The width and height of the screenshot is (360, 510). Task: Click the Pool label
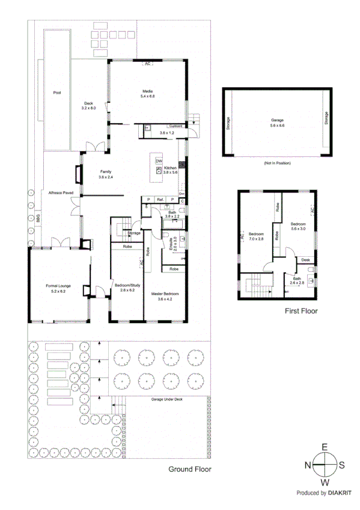pos(57,93)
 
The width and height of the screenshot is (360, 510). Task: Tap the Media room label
pos(148,91)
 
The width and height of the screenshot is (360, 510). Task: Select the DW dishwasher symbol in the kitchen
pos(159,161)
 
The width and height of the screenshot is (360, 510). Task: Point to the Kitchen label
pos(171,168)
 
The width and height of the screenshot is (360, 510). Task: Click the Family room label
pos(106,171)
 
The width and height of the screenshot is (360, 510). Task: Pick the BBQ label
pos(37,221)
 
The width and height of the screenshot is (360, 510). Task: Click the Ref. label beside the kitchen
pos(160,199)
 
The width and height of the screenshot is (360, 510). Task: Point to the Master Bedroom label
pos(165,295)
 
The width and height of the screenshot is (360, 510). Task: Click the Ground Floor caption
pos(189,469)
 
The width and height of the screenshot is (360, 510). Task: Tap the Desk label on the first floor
pos(305,260)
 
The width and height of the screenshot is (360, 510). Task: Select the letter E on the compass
pos(325,447)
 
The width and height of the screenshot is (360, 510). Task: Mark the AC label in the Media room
pos(147,63)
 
